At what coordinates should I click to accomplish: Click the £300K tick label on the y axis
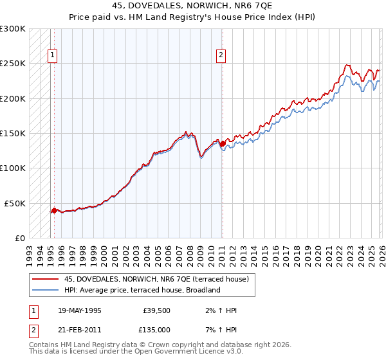pos(13,29)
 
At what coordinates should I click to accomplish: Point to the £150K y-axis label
pos(13,134)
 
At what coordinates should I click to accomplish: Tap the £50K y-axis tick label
pos(15,203)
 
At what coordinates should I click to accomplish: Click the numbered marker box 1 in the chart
pos(52,55)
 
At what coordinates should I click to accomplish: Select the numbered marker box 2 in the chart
pos(221,55)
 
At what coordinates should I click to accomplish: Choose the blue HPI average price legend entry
pos(142,290)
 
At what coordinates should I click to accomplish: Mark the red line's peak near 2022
pos(347,65)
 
